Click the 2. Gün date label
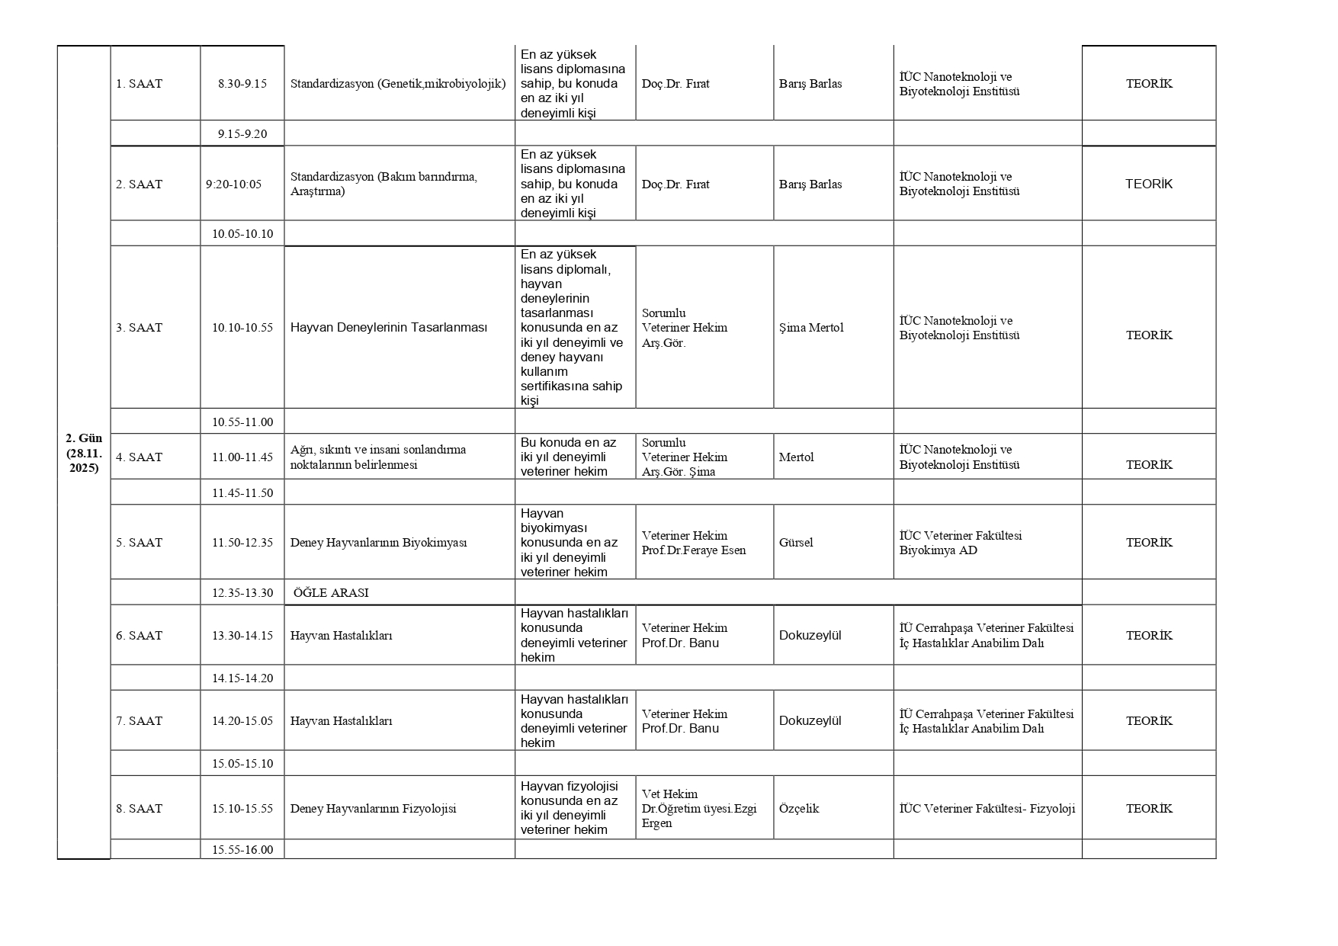[84, 453]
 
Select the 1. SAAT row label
[139, 84]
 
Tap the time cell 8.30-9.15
[242, 84]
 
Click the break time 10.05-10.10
[242, 233]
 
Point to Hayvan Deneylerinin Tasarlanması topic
[389, 328]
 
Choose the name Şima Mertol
[811, 328]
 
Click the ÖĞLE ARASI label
[331, 592]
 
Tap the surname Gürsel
[796, 543]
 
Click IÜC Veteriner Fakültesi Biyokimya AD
[961, 543]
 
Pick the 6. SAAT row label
[139, 636]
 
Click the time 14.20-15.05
[242, 721]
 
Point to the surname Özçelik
[799, 809]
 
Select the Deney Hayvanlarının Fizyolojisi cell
[373, 809]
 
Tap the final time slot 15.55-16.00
[242, 849]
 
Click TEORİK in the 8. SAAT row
[1149, 809]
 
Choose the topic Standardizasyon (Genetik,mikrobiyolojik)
[398, 84]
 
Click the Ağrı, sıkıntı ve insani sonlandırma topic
[378, 457]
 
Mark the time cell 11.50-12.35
[242, 543]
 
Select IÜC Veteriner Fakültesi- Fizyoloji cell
[987, 809]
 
